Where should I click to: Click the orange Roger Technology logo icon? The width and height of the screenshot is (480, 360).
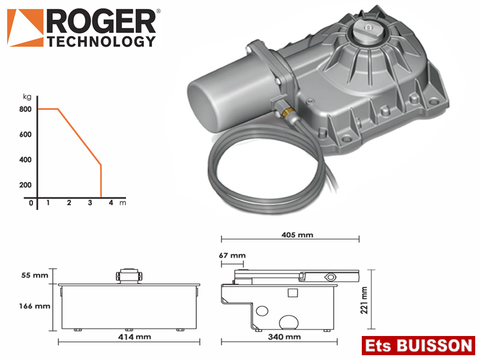25,28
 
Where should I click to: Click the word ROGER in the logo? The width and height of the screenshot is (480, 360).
101,21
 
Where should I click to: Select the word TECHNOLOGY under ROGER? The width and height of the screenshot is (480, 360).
101,41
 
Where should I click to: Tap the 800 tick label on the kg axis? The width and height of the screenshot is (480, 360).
25,109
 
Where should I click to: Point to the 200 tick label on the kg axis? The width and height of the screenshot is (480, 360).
25,185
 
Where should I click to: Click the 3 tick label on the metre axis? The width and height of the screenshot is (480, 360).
90,203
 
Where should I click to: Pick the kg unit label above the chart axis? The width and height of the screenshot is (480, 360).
27,97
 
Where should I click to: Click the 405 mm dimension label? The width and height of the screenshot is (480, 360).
297,235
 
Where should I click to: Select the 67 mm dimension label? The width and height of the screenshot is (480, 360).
232,256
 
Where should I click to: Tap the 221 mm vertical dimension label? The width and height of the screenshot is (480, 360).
364,300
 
